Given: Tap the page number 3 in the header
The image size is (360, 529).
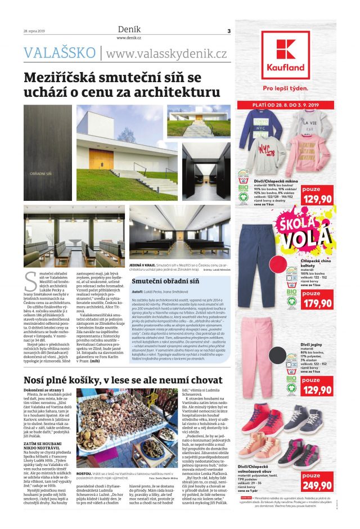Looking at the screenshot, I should click(x=228, y=30).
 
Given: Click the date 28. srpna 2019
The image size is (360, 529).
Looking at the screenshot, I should click(x=34, y=31).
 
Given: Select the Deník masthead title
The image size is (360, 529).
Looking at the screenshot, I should click(x=128, y=29).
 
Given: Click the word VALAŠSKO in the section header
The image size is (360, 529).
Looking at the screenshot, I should click(x=60, y=53).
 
